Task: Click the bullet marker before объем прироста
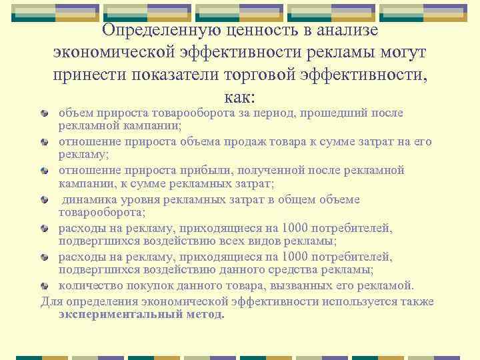tap(45, 113)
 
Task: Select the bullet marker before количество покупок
tap(45, 287)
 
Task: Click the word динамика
tap(89, 199)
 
